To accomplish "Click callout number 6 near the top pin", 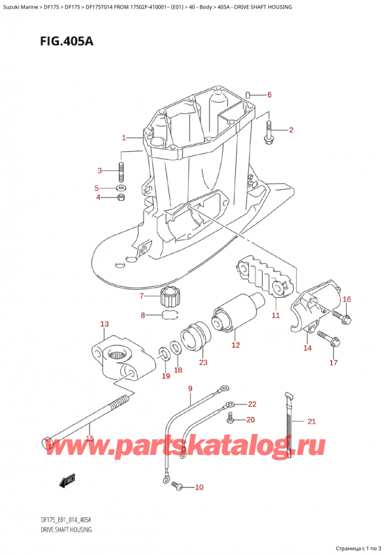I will pyautogui.click(x=269, y=95).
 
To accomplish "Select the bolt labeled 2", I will pyautogui.click(x=269, y=134).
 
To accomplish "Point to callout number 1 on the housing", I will pyautogui.click(x=123, y=138).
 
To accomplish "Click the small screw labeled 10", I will pyautogui.click(x=175, y=485).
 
